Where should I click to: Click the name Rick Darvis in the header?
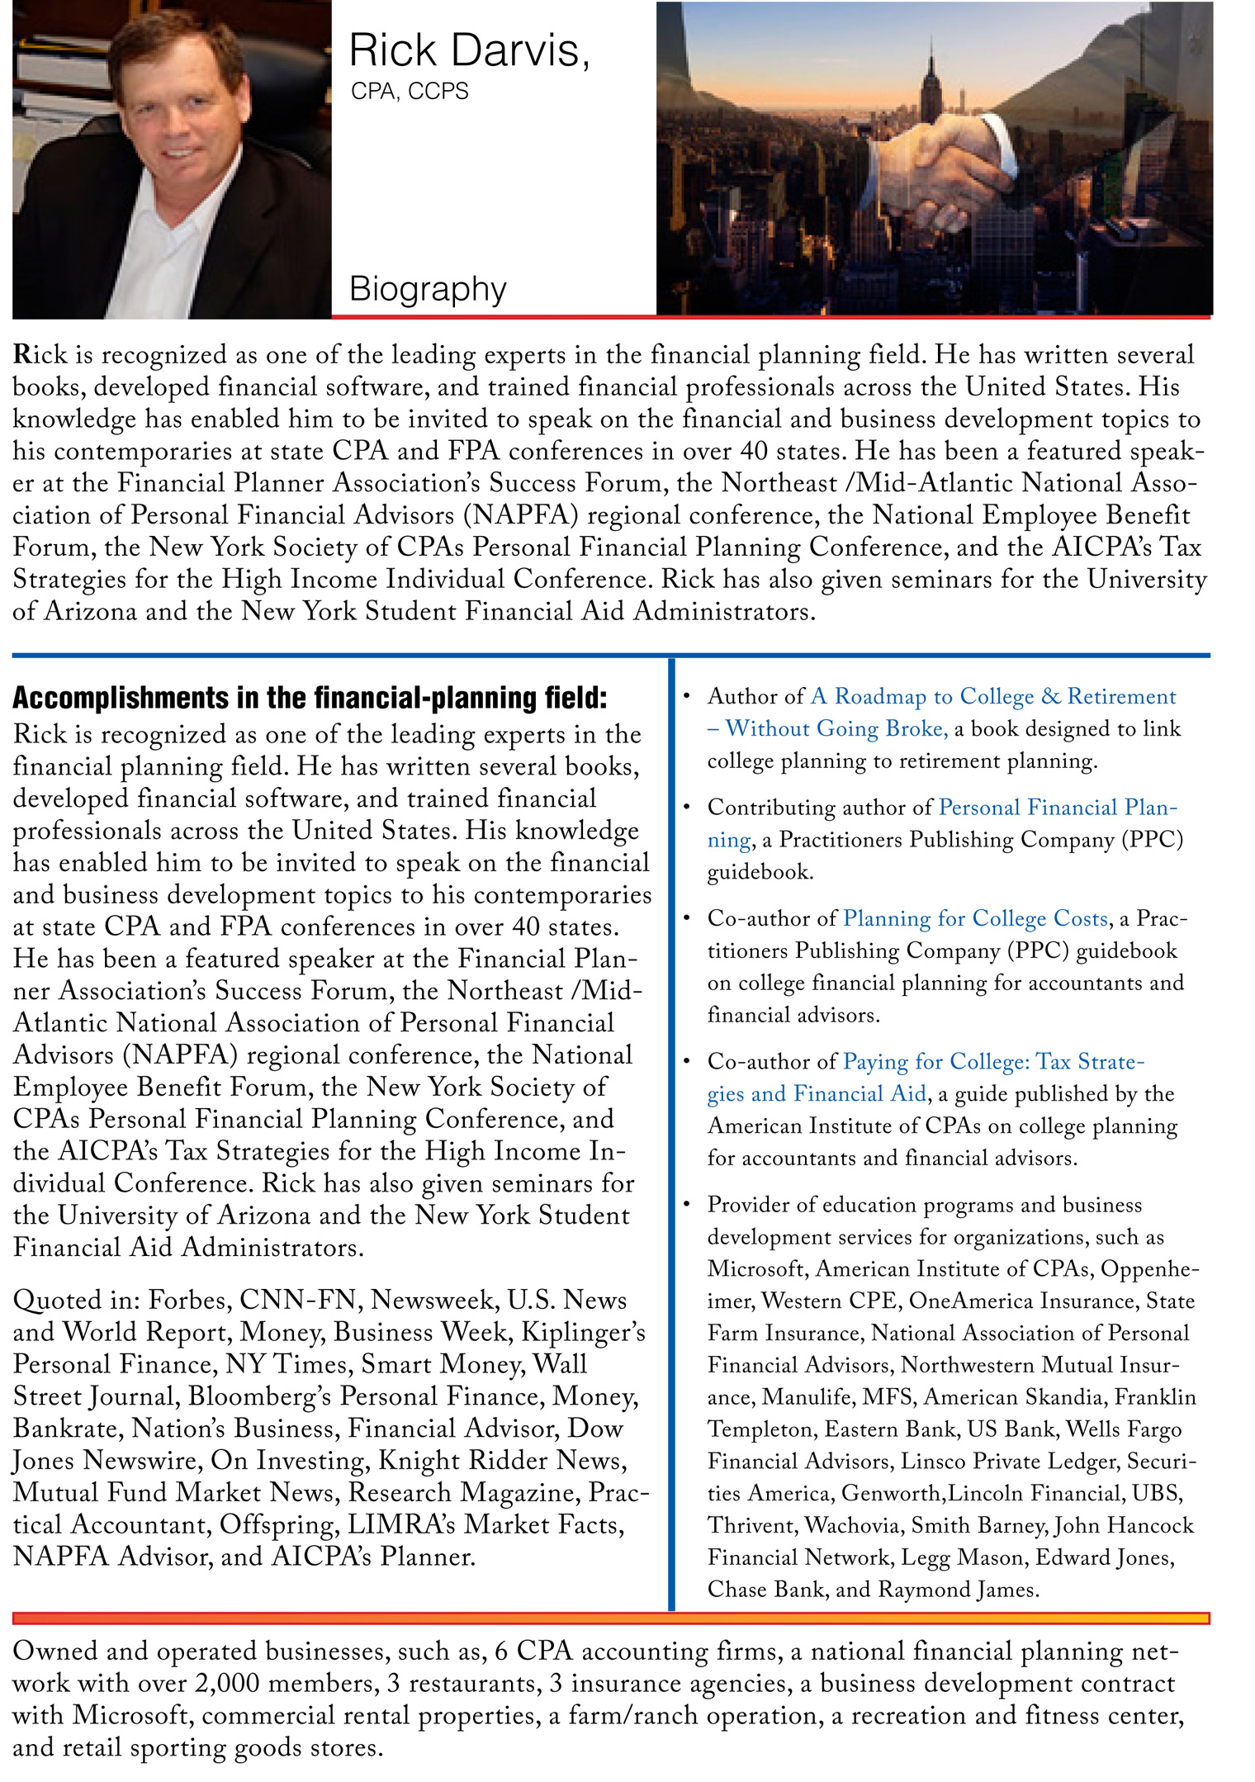(x=468, y=51)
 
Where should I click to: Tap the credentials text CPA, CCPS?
(x=410, y=91)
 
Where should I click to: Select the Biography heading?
(x=427, y=289)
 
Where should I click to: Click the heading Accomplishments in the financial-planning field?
(x=310, y=698)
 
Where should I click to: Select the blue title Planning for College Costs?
(x=975, y=918)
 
